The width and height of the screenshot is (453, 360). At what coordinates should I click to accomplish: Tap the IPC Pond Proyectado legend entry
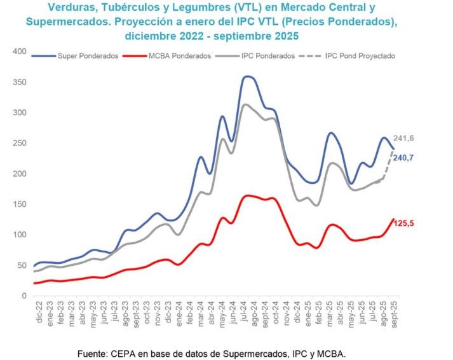(x=360, y=56)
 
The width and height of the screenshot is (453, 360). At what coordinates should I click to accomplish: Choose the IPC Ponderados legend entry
(x=267, y=56)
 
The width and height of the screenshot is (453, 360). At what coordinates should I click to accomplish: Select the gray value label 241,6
(x=409, y=139)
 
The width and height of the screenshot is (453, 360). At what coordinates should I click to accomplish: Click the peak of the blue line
(x=248, y=76)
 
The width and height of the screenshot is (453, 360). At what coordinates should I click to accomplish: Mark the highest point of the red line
(x=248, y=195)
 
